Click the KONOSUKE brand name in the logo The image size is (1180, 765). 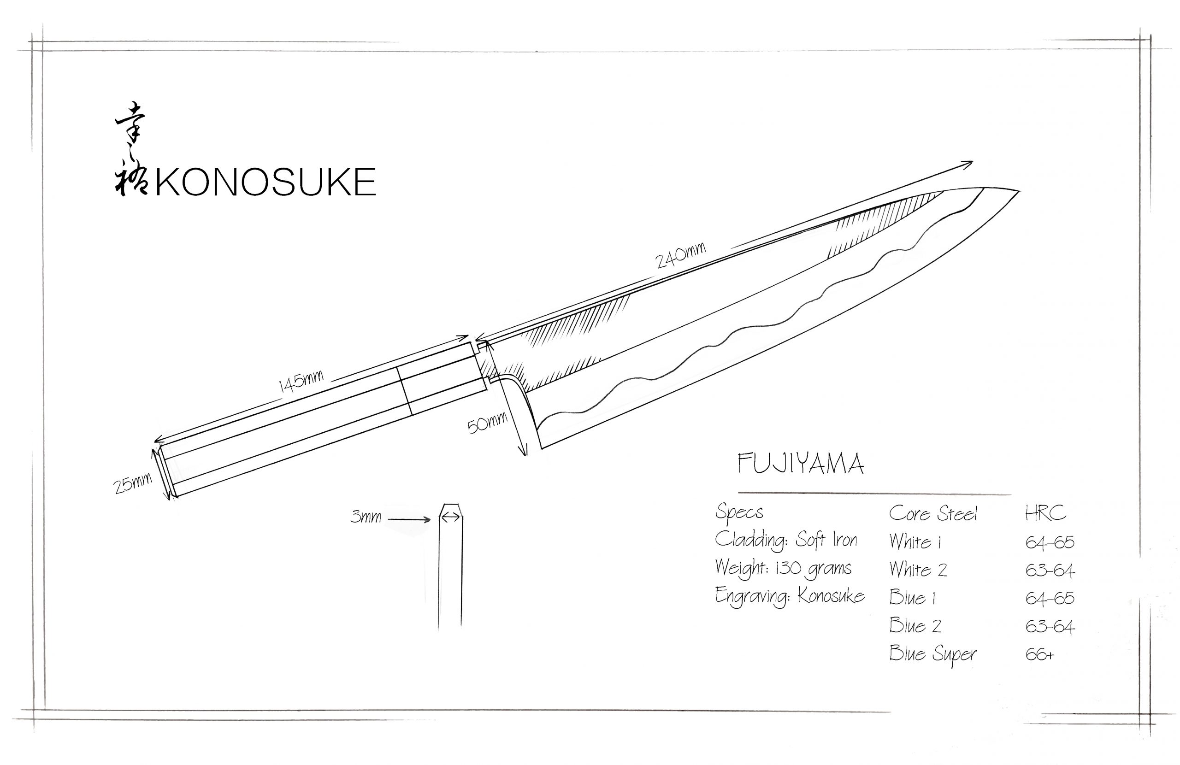coord(266,182)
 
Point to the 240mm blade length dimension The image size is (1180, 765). coord(680,255)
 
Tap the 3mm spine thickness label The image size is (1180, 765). coord(366,517)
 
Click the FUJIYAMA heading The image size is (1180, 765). coord(801,464)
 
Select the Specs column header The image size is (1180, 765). coord(739,512)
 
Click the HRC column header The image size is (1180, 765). coord(1045,513)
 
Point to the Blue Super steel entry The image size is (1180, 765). coord(932,654)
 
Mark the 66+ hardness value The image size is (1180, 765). coord(1039,655)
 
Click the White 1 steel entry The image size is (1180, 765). coord(915,542)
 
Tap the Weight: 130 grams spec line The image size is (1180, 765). coord(783,568)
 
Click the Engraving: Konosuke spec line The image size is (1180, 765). coord(790,596)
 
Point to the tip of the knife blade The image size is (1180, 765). coord(1017,191)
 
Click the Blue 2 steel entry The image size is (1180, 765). coord(915,626)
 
